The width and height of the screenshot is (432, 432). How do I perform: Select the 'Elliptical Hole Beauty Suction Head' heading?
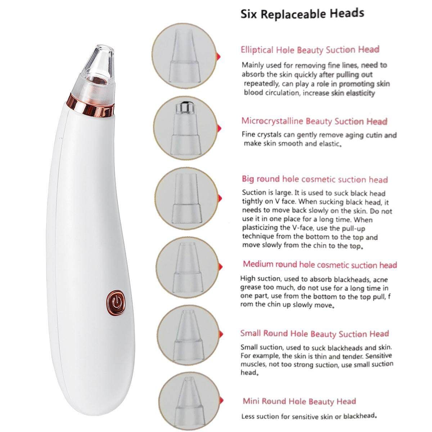coord(310,50)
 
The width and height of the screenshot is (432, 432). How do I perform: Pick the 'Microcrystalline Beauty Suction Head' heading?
coord(314,121)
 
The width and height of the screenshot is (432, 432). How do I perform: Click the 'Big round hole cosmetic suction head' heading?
coord(315,179)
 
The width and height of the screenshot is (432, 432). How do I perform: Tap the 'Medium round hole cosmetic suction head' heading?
coord(320,265)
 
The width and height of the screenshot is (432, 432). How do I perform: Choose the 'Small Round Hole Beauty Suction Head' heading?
coord(315,334)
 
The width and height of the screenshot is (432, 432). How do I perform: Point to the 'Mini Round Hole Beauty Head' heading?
coord(300,401)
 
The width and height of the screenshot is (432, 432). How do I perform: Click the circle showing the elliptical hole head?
coord(184,56)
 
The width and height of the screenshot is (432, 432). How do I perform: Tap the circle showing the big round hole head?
coord(187,198)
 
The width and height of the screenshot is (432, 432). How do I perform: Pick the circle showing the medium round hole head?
coord(188,268)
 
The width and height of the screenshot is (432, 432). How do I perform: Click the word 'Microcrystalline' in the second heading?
coord(273,121)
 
